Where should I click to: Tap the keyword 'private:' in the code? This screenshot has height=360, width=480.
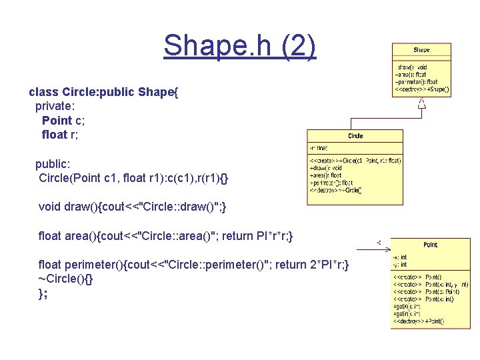55,105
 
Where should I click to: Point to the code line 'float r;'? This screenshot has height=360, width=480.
63,135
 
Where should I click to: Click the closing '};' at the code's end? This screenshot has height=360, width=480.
43,293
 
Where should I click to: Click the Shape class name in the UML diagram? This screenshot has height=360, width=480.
421,50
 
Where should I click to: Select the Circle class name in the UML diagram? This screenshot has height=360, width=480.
355,136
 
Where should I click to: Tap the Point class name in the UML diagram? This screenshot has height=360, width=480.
431,245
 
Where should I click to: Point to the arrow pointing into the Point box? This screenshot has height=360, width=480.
379,242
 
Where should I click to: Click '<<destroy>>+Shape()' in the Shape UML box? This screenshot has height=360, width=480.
422,89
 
